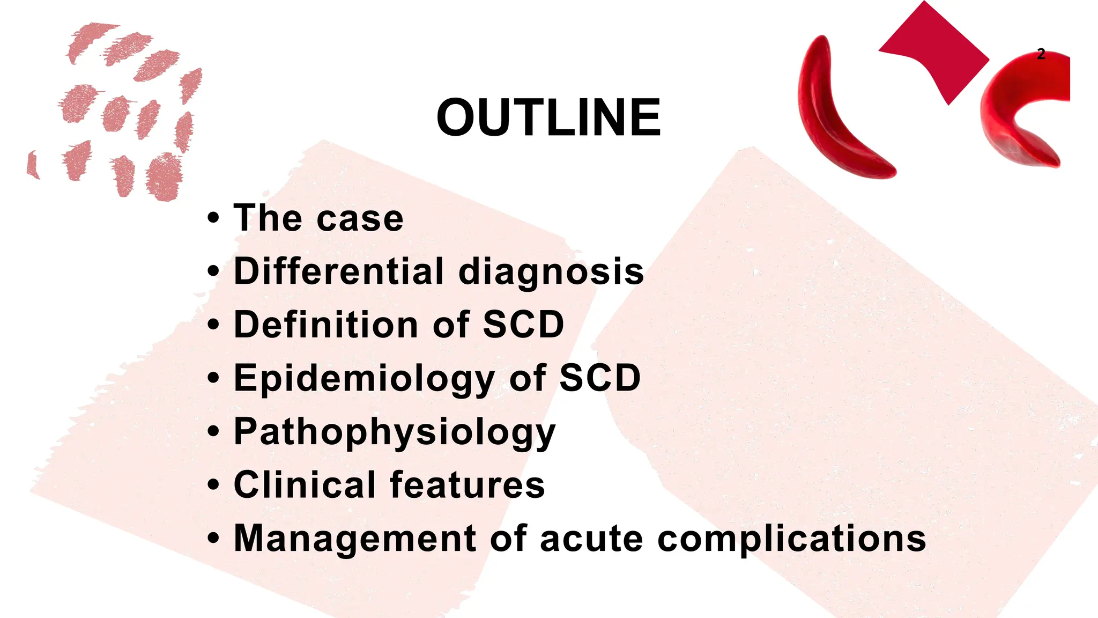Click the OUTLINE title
[x=548, y=117]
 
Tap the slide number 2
[x=1041, y=54]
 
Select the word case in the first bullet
[x=360, y=219]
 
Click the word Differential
[x=339, y=271]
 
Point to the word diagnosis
[x=551, y=272]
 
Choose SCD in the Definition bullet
[x=523, y=325]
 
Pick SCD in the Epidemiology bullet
[x=600, y=378]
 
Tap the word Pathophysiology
[x=395, y=432]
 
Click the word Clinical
[x=305, y=485]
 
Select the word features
[x=467, y=485]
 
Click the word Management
[x=355, y=539]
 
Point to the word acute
[x=591, y=539]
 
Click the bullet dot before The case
[x=213, y=218]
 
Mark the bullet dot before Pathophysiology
[x=213, y=431]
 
